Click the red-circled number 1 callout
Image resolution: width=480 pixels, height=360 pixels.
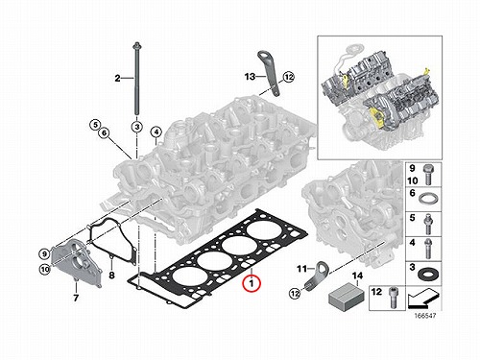coord(252,283)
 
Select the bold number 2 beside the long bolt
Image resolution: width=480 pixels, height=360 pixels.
coord(117,78)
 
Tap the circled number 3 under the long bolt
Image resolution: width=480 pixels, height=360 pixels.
coord(136,127)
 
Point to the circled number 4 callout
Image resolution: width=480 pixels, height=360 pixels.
coord(156,132)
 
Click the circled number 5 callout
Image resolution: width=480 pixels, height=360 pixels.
coord(95,125)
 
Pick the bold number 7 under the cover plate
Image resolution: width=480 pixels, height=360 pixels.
coord(76,298)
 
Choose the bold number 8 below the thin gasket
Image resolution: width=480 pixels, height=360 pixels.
coord(111,275)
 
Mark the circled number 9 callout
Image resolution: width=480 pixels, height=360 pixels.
coord(44,254)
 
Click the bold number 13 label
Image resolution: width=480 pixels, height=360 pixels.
coord(250,77)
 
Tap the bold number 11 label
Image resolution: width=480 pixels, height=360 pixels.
coord(301,269)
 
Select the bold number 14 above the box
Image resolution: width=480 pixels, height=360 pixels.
coord(358,276)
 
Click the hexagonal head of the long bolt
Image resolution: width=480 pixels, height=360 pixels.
coord(136,45)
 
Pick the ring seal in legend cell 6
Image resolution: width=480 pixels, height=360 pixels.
coord(426,199)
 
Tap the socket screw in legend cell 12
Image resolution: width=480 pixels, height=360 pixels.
coord(394,298)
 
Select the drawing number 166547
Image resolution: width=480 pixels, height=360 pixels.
coord(425,316)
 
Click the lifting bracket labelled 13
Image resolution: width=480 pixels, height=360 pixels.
coord(269,73)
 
